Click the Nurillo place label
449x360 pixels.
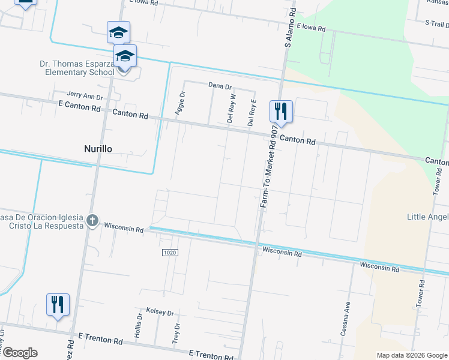[x=97, y=148]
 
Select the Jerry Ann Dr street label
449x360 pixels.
[x=85, y=95]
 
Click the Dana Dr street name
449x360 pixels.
[x=220, y=86]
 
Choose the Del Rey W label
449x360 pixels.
[x=231, y=109]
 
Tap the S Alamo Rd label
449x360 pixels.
[x=291, y=28]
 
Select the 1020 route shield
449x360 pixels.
[x=169, y=253]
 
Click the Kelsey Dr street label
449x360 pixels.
[x=160, y=313]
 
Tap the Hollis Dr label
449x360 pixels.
[x=139, y=325]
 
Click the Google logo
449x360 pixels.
[x=20, y=353]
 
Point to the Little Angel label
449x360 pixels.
[x=427, y=217]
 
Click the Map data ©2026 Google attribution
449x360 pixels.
[x=412, y=355]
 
